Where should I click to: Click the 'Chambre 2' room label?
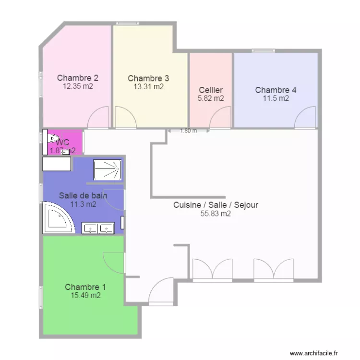pos(78,78)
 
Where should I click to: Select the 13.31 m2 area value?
pos(148,87)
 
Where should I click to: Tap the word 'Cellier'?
pos(211,90)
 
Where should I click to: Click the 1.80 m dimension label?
pos(188,131)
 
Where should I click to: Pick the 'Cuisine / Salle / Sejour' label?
pos(216,205)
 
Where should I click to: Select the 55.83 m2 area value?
pos(216,214)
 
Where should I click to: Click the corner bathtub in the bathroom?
pos(58,218)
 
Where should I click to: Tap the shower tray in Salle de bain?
pos(108,170)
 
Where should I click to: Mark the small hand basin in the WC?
pos(65,152)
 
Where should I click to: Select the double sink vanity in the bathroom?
pos(98,228)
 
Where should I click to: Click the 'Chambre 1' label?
pos(85,287)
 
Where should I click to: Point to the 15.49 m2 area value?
pos(85,296)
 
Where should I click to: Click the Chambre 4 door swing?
pos(306,118)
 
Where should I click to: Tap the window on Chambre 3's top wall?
pos(127,23)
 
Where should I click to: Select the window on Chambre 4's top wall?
pos(264,50)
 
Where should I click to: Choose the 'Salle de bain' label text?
pos(83,195)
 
